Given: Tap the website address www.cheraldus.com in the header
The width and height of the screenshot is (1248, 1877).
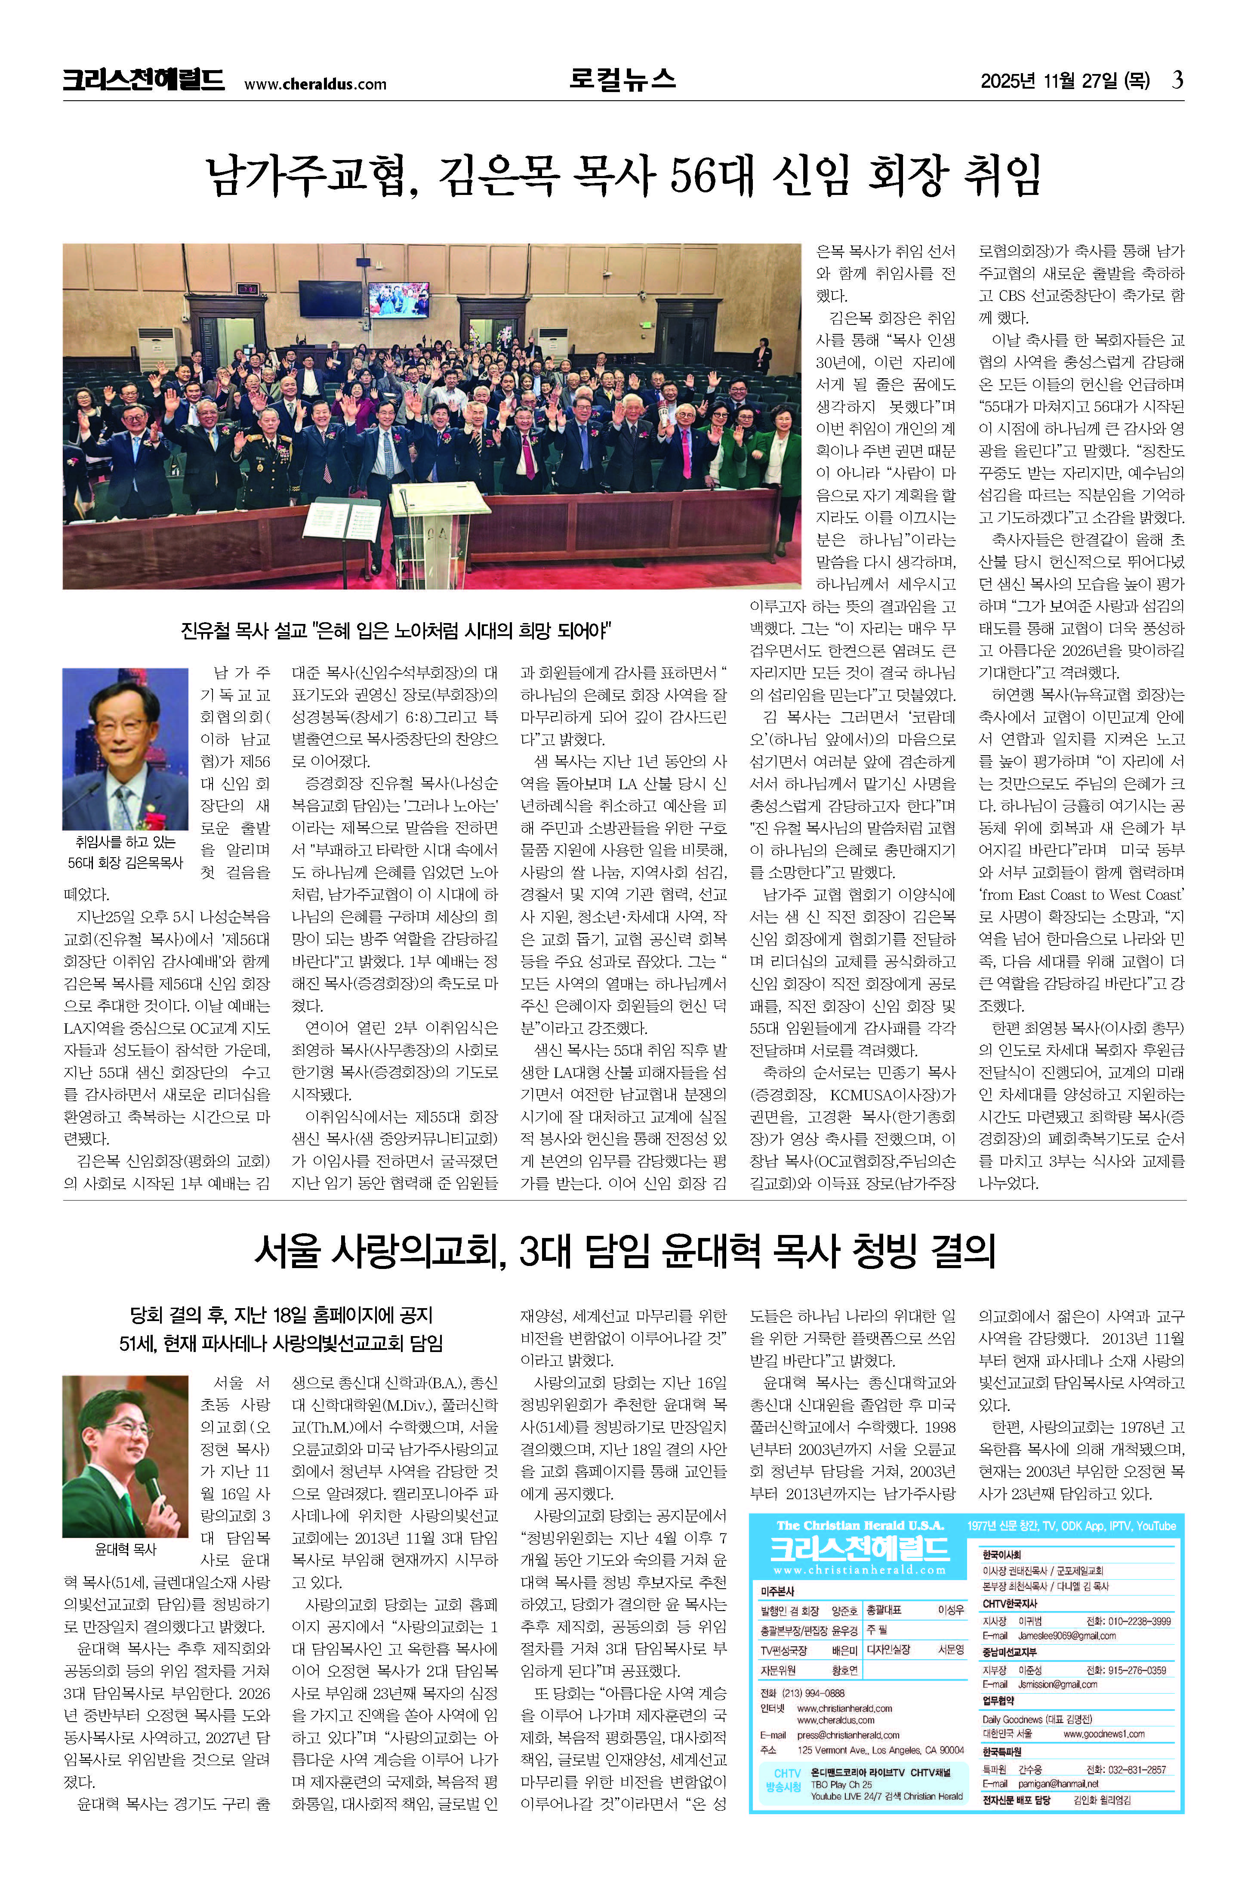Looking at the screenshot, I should coord(315,83).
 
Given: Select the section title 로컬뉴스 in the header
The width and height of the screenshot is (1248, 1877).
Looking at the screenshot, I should coord(622,79).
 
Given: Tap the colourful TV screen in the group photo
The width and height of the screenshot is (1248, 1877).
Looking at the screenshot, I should coord(398,300).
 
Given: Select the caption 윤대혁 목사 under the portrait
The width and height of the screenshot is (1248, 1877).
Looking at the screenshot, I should coord(126,1549).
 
